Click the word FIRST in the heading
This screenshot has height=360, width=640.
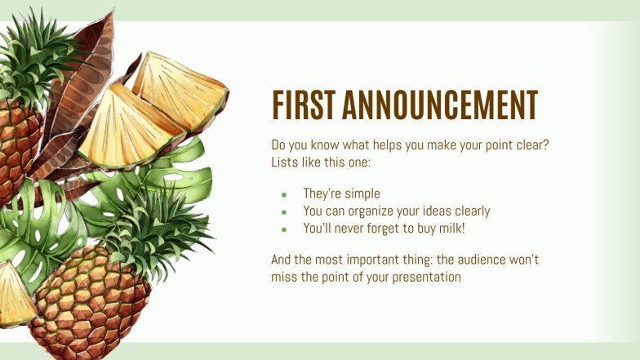click(302, 106)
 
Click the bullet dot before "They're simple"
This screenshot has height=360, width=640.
click(284, 195)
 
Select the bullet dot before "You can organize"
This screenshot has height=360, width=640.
click(284, 212)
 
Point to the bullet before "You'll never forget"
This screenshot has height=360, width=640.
click(284, 229)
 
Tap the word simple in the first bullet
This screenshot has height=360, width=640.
click(363, 194)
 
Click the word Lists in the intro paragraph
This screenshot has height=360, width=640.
click(286, 162)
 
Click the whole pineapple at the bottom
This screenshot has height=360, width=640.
click(90, 302)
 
